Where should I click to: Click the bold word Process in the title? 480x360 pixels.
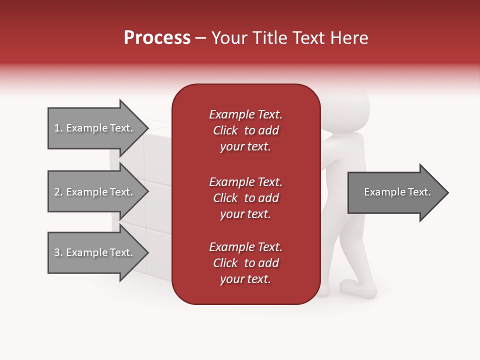[157, 38]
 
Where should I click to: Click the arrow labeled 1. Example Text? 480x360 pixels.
[95, 128]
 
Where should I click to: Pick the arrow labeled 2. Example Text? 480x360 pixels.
[95, 192]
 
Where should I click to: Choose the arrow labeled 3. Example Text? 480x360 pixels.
[95, 252]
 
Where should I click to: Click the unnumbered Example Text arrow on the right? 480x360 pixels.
[395, 192]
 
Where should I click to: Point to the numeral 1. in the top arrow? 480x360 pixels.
[58, 128]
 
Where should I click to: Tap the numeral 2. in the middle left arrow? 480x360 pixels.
[58, 192]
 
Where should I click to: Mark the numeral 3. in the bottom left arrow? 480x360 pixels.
[58, 252]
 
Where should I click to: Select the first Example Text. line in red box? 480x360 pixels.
[245, 114]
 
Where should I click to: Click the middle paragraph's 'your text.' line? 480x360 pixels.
[245, 214]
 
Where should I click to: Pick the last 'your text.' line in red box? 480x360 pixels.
[245, 279]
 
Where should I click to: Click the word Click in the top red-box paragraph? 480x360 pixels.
[225, 130]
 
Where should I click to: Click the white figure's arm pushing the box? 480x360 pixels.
[332, 150]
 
